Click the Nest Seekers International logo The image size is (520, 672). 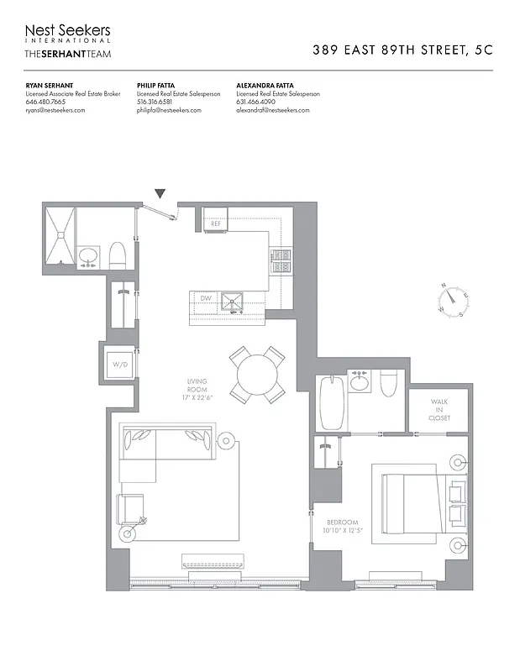(x=67, y=33)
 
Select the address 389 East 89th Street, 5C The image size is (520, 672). (x=402, y=50)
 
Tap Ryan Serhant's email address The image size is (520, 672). (x=55, y=110)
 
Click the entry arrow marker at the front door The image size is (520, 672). (x=160, y=195)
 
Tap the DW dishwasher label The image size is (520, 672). (x=205, y=298)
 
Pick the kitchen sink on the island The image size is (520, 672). (x=231, y=302)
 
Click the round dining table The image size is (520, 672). (x=256, y=371)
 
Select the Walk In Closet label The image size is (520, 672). (x=439, y=410)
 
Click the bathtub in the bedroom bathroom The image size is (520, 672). (x=328, y=402)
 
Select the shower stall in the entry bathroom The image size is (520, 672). (x=61, y=239)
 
